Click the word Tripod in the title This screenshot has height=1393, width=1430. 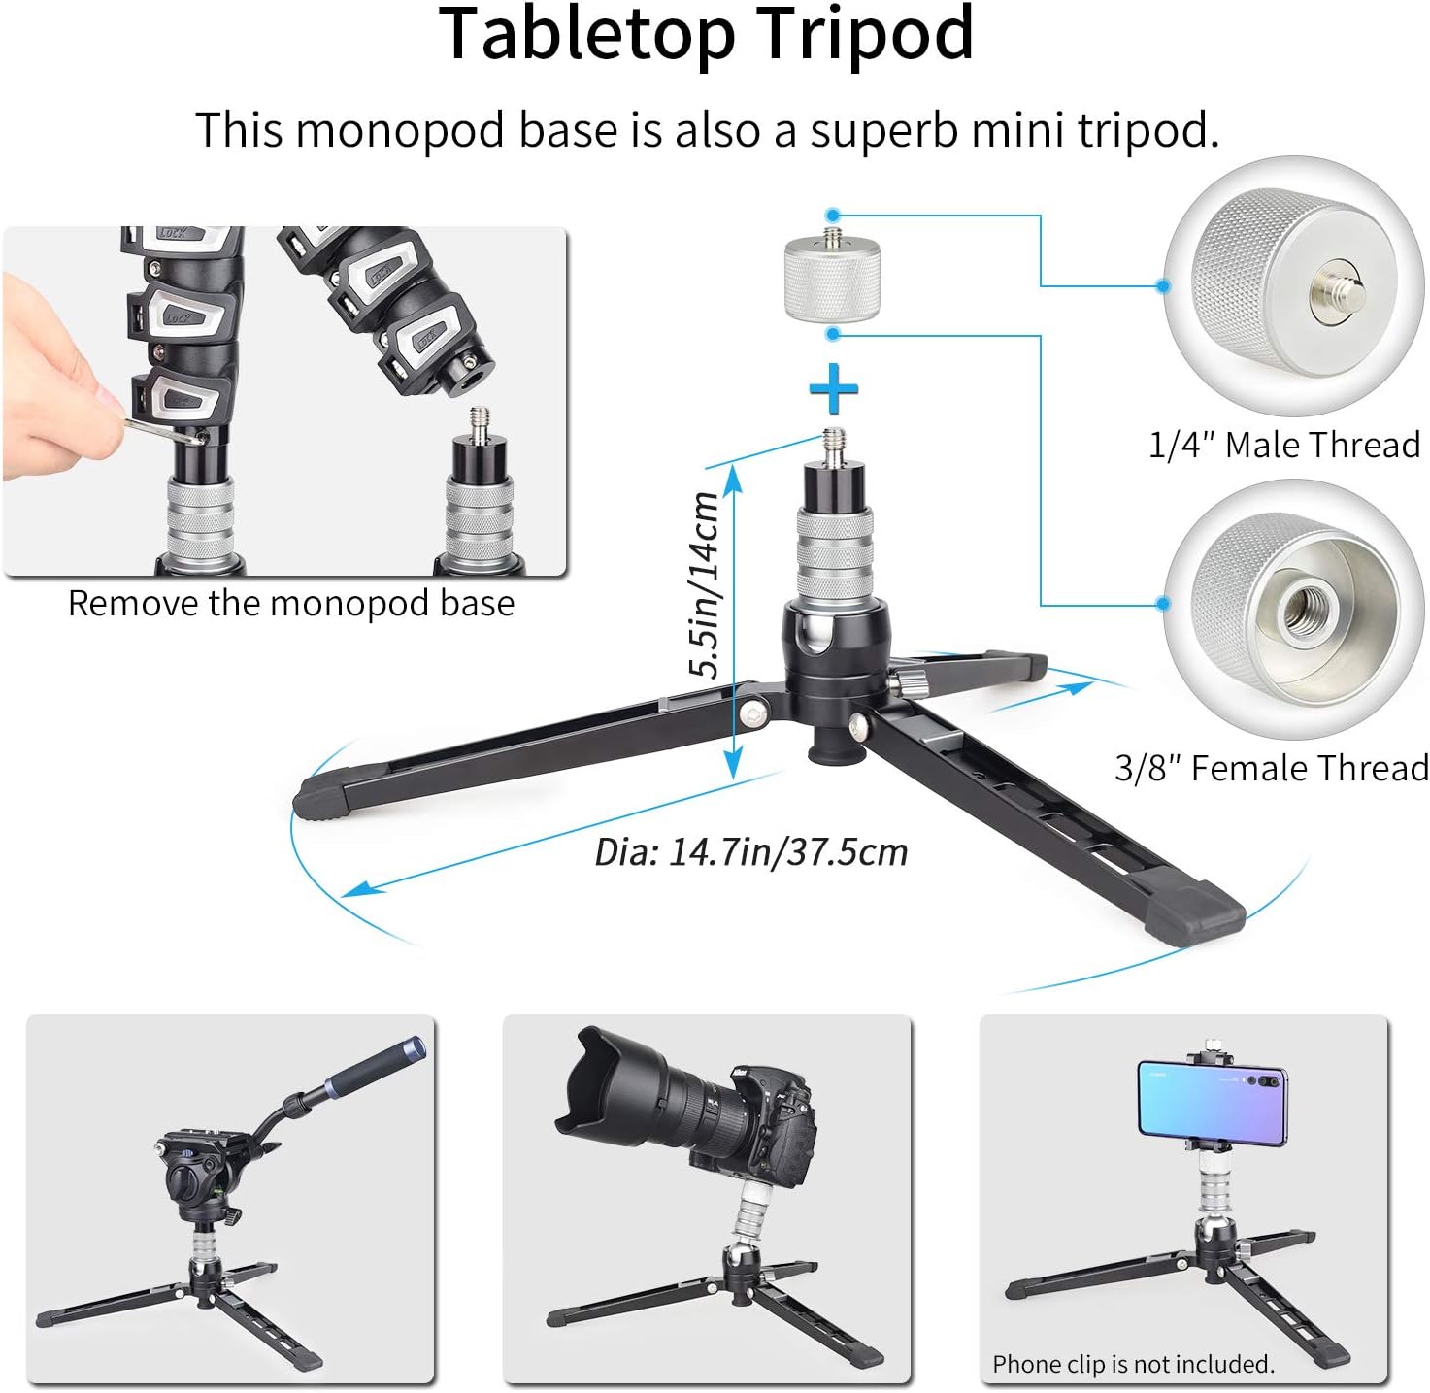point(864,34)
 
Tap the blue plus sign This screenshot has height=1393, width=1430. point(833,390)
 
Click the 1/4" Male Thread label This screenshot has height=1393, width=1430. point(1283,445)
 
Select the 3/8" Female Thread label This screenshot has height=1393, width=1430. point(1271,768)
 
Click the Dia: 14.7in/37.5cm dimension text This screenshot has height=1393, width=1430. point(750,852)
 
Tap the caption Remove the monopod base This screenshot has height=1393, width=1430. point(290,604)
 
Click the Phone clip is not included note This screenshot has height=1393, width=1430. point(1132,1364)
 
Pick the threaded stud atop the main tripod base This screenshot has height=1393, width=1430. point(833,447)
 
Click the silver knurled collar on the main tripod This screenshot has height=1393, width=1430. point(835,554)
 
